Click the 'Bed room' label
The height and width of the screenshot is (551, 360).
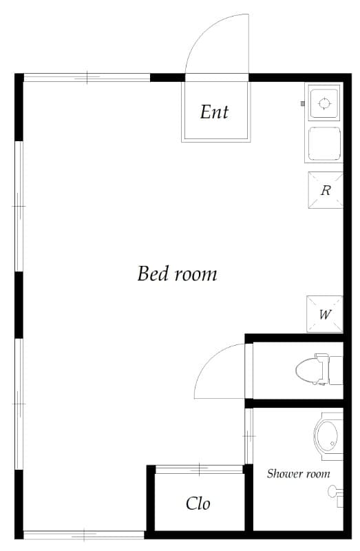coord(177,273)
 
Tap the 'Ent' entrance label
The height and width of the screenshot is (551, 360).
coord(214,112)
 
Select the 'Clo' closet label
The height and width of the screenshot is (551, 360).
coord(198,503)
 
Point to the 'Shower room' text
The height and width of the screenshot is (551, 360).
coord(298,474)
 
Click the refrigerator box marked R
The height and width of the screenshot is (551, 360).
coord(325,190)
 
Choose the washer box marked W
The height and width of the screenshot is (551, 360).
coord(324,314)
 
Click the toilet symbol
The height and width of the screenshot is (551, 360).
coord(319,370)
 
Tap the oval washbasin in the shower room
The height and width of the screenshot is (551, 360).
coord(326,437)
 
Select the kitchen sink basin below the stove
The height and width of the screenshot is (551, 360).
coord(324,143)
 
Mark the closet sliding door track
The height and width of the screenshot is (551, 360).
coord(199,469)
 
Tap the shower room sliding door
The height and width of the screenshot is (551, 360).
coord(248,436)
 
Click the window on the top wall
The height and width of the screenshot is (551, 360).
coord(87,77)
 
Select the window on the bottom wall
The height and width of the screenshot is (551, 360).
coord(84,535)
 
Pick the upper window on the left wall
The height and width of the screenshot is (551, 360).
coord(19,206)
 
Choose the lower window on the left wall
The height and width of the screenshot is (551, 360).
coord(19,404)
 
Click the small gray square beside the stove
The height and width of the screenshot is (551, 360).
coord(302,104)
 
